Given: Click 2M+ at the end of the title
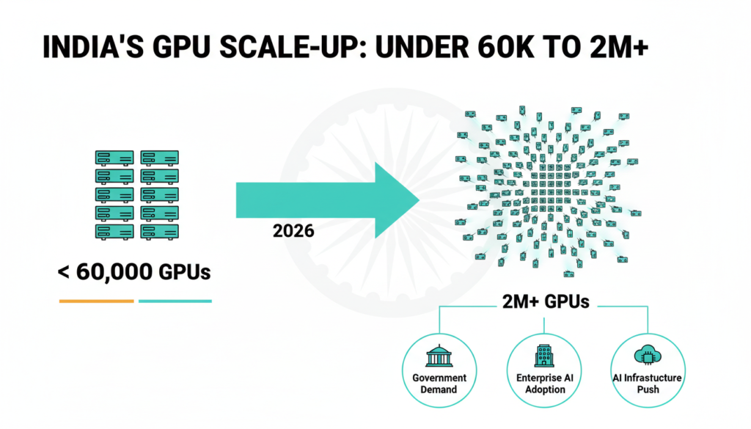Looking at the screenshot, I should (x=622, y=48).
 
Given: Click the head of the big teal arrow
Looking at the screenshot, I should (x=396, y=199).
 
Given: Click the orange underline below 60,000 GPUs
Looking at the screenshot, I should (x=97, y=301).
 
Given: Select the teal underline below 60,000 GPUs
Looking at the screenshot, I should (x=175, y=301).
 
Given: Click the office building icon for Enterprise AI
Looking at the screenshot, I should (x=543, y=356).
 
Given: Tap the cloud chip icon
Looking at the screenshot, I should (x=648, y=356).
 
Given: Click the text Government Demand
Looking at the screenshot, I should (x=439, y=384).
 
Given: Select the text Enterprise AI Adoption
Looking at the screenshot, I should (x=544, y=384).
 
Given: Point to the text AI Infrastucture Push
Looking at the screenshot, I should (x=648, y=384).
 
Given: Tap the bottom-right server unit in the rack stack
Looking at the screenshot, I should (x=159, y=231).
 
